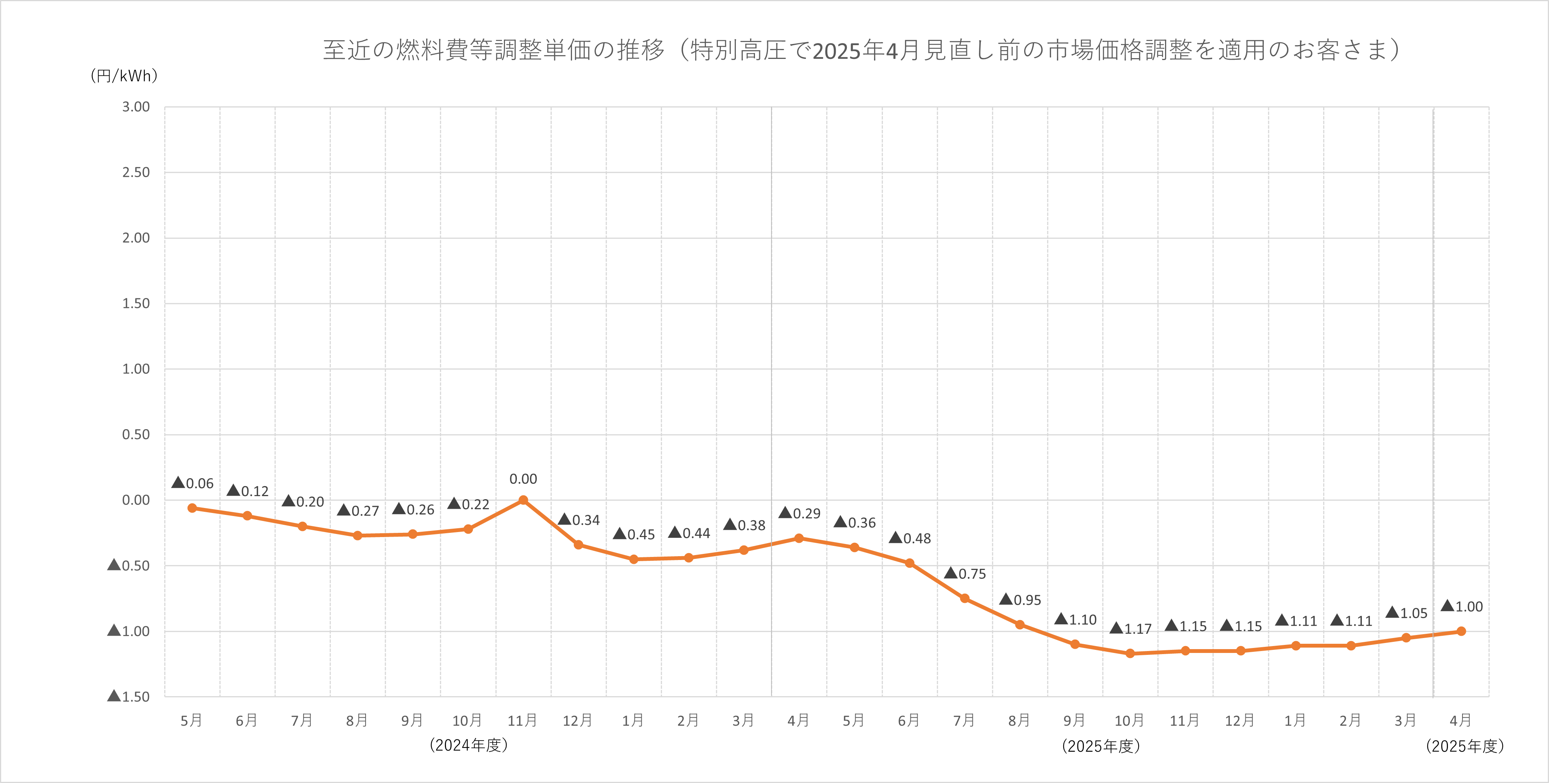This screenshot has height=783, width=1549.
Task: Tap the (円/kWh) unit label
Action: [x=124, y=76]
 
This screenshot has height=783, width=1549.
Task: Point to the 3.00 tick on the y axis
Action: [x=136, y=107]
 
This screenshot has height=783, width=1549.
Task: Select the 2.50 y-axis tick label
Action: [x=136, y=173]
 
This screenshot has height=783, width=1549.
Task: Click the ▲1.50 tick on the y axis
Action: [x=129, y=697]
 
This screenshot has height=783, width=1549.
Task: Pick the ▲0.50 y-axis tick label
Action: [x=129, y=565]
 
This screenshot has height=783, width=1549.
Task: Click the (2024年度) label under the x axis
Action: [x=469, y=745]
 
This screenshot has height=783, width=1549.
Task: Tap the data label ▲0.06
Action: [x=193, y=483]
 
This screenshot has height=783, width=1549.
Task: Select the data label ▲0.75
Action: [x=965, y=574]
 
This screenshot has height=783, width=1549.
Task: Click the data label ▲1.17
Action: [x=1131, y=628]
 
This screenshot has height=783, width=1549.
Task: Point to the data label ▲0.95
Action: [x=1020, y=600]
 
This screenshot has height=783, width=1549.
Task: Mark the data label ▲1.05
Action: [x=1407, y=613]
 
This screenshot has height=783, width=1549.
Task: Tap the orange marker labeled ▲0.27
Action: [x=358, y=536]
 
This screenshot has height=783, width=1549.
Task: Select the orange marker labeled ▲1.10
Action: [x=1075, y=644]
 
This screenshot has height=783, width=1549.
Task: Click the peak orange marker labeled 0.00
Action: [x=523, y=500]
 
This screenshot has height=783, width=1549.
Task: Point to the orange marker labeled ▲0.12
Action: [x=247, y=516]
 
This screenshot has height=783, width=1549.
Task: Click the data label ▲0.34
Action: [x=579, y=520]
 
